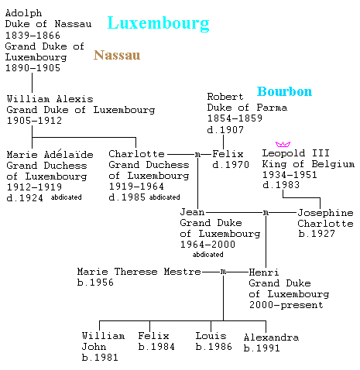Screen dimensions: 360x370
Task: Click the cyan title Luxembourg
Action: pos(158,24)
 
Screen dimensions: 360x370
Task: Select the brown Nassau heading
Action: pos(117,55)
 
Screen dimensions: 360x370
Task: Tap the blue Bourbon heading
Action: pos(284,91)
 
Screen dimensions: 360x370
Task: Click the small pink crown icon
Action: pos(283,144)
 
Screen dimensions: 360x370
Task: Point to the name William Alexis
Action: pos(50,99)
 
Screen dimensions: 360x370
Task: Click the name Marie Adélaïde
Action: pos(50,154)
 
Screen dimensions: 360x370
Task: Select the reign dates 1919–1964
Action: pos(136,186)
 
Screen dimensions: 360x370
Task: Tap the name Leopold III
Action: pos(296,153)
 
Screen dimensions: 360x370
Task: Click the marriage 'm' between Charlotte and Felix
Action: pos(197,155)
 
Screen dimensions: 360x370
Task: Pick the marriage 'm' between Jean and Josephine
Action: pos(266,213)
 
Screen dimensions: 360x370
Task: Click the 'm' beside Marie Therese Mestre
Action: pos(223,272)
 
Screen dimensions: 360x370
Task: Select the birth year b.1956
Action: pos(95,283)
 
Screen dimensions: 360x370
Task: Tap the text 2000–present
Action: pos(286,305)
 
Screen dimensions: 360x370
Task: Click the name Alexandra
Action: pos(271,337)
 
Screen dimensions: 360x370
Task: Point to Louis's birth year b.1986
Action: pos(214,347)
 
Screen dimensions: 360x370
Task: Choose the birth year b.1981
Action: pos(100,358)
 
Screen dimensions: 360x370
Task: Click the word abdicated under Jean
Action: pos(207,255)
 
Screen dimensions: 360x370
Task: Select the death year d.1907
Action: pos(225,129)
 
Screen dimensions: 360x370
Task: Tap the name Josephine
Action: pos(325,213)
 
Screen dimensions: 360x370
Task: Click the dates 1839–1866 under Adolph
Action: pos(33,35)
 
